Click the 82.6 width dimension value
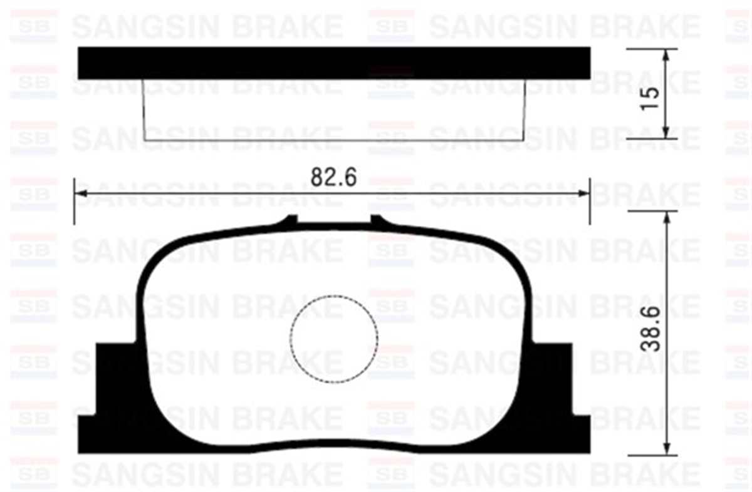coord(333,178)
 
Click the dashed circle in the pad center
coord(334,338)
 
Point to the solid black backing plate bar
coord(333,63)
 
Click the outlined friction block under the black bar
coord(333,110)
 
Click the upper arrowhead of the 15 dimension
coord(666,54)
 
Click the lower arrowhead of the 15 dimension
coord(666,132)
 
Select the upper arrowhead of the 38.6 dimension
coord(666,217)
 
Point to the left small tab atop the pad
coord(291,220)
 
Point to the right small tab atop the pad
coord(376,220)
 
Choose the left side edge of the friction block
coord(144,110)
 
